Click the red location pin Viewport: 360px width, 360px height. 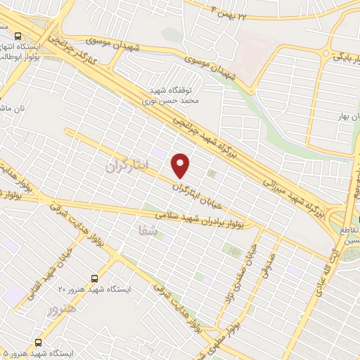pos(181,165)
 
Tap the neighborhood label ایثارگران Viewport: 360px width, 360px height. pos(128,166)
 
